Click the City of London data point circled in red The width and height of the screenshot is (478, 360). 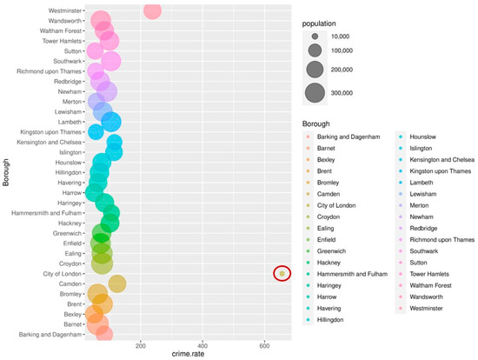pos(282,274)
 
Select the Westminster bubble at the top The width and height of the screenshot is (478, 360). pos(153,10)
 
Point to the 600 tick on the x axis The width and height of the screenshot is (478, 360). pos(265,345)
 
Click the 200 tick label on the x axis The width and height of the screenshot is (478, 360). pos(141,345)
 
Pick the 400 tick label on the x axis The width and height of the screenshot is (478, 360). pos(202,345)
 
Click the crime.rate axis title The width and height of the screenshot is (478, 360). pos(187,354)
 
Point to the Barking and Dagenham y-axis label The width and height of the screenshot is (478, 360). pos(47,334)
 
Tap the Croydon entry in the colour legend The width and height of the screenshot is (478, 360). pos(330,217)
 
